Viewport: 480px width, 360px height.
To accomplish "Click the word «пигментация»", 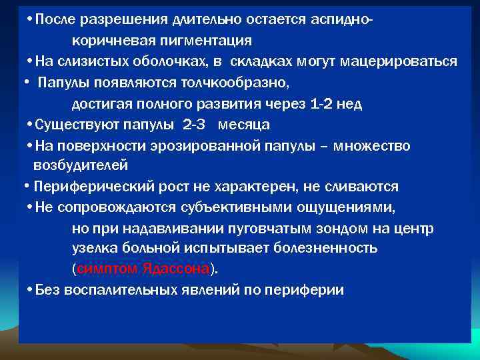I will point(209,41).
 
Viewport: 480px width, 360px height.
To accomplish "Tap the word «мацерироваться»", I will point(399,61).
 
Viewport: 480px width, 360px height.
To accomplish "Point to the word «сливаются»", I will point(366,187).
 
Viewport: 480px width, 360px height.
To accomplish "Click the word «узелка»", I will point(95,249).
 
